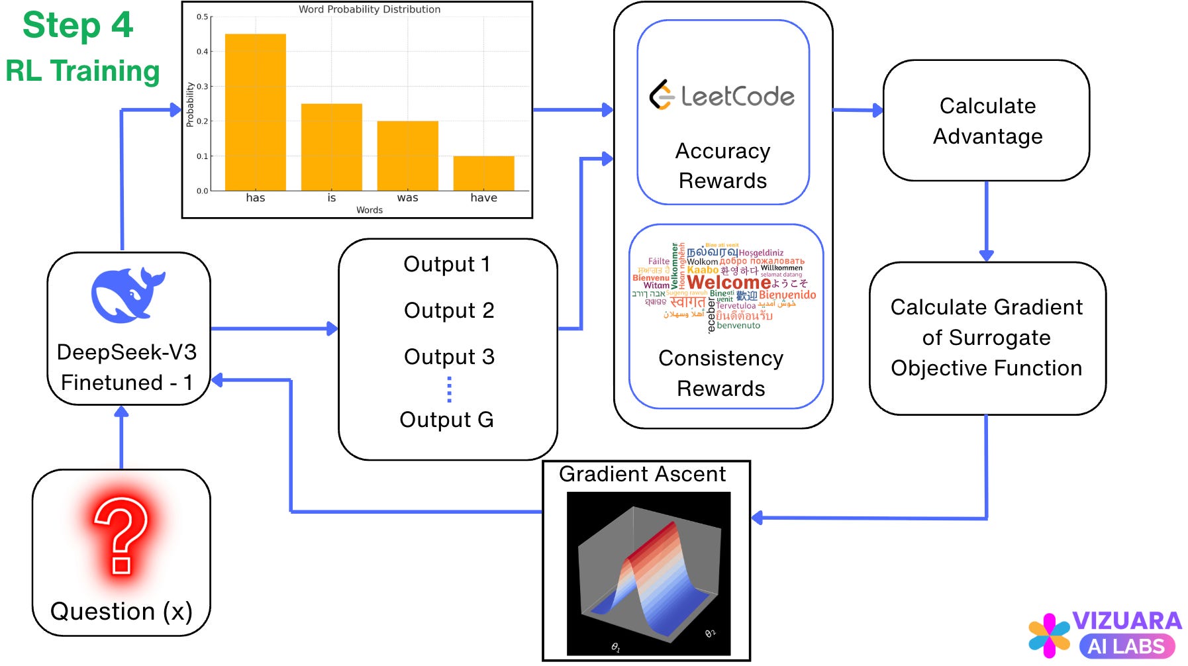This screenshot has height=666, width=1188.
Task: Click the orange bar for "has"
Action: [x=255, y=113]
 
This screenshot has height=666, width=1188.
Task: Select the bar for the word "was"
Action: [x=407, y=156]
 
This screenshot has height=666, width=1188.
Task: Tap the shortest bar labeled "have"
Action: [x=483, y=173]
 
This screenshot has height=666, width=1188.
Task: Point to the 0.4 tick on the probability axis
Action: [x=203, y=52]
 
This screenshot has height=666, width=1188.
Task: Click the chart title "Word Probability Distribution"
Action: [x=369, y=9]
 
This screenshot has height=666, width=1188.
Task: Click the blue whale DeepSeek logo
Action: [x=128, y=295]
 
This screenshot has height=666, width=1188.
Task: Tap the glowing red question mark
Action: [x=121, y=535]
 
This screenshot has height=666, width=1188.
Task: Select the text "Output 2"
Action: [x=449, y=310]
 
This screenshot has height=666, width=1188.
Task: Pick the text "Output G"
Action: [x=446, y=420]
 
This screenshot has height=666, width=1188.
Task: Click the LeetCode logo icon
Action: [x=662, y=95]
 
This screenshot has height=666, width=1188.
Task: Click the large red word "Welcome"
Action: [x=728, y=283]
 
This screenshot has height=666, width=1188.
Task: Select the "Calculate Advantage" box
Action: [x=986, y=120]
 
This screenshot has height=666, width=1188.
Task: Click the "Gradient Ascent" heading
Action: [x=642, y=474]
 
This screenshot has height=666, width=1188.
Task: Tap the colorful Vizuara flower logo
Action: [x=1048, y=635]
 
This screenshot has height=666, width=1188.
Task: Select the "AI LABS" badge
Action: [x=1126, y=647]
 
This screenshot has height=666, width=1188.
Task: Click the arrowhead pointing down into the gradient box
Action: [x=986, y=255]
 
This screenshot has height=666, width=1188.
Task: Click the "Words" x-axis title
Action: [x=369, y=210]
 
